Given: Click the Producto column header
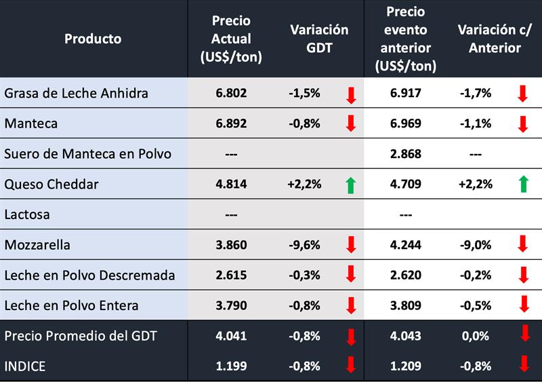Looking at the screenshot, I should pyautogui.click(x=93, y=39).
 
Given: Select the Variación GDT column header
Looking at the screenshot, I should pyautogui.click(x=319, y=39).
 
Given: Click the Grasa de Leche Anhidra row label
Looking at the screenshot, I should pyautogui.click(x=76, y=93).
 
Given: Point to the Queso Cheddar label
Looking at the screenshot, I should pyautogui.click(x=51, y=184).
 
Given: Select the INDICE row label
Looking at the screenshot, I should pyautogui.click(x=25, y=366).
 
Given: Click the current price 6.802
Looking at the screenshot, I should pyautogui.click(x=231, y=93).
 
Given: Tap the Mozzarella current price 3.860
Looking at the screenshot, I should pyautogui.click(x=231, y=244).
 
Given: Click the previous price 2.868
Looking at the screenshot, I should pyautogui.click(x=406, y=154).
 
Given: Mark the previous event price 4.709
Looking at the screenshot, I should pyautogui.click(x=406, y=184).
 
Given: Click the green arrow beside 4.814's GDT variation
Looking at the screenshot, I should pyautogui.click(x=351, y=185).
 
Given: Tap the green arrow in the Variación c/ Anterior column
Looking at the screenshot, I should pyautogui.click(x=522, y=185).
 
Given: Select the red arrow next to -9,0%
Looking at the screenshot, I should pyautogui.click(x=522, y=245).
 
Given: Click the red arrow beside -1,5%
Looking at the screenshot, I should pyautogui.click(x=351, y=94).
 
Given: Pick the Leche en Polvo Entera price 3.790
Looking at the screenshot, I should pyautogui.click(x=231, y=305).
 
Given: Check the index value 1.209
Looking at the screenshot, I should pyautogui.click(x=406, y=366).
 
